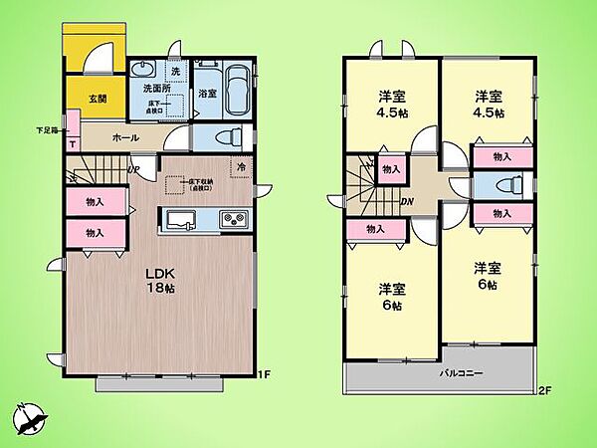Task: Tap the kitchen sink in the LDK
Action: click(x=183, y=219)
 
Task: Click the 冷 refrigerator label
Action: click(x=240, y=167)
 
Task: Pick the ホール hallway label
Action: click(x=125, y=137)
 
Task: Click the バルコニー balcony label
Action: click(x=462, y=373)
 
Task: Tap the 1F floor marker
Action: click(x=264, y=374)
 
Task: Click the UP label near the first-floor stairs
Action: click(x=131, y=169)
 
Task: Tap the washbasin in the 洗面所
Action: click(x=143, y=70)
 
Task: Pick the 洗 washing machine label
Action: click(x=175, y=71)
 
